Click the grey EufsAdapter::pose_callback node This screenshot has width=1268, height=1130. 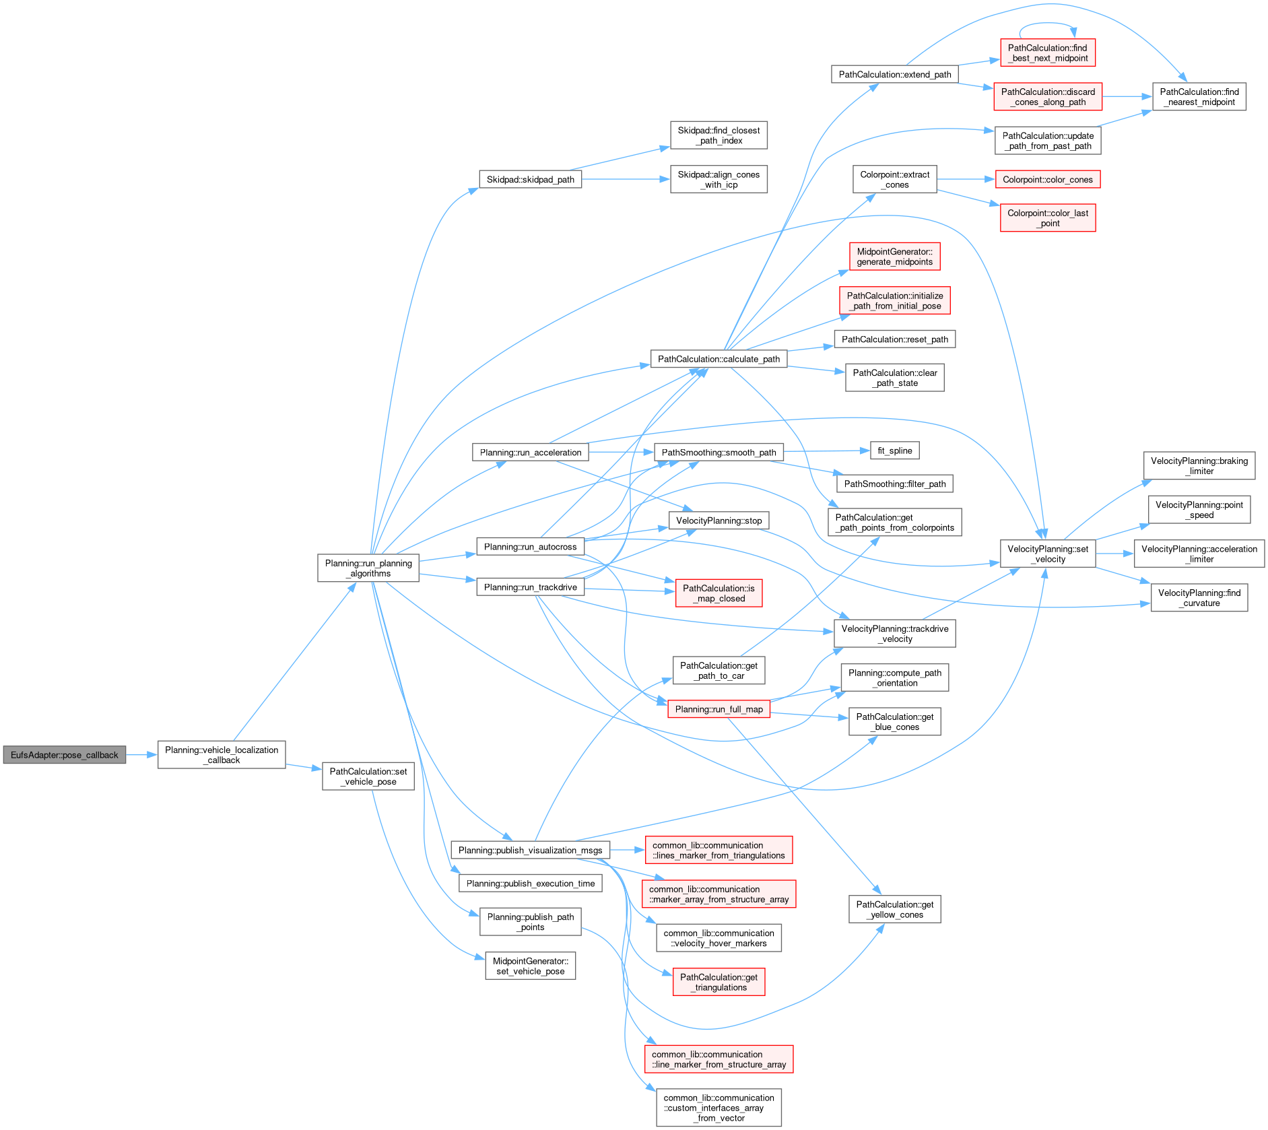click(64, 755)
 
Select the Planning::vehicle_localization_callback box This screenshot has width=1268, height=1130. click(222, 755)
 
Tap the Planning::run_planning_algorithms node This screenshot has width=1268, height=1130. click(368, 568)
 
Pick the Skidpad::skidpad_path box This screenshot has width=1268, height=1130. click(530, 180)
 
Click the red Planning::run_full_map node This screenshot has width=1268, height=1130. click(719, 709)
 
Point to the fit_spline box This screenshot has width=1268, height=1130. click(894, 451)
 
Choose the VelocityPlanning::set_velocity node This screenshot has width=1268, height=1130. click(1047, 554)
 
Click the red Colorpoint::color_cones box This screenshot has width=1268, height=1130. click(1047, 180)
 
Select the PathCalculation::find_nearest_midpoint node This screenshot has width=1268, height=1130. click(1199, 97)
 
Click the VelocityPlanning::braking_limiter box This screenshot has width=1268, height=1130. click(1199, 466)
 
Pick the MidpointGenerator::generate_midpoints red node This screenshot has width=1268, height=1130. click(894, 257)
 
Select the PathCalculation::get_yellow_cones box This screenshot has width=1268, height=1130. click(894, 910)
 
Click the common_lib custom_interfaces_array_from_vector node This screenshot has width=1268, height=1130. click(719, 1108)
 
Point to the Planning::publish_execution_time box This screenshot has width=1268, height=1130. click(530, 884)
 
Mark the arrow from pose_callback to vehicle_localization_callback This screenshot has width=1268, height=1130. click(141, 755)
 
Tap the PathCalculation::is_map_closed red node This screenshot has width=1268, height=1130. click(719, 593)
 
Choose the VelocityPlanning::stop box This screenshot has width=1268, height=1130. click(719, 521)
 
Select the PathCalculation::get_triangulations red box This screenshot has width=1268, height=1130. click(719, 983)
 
